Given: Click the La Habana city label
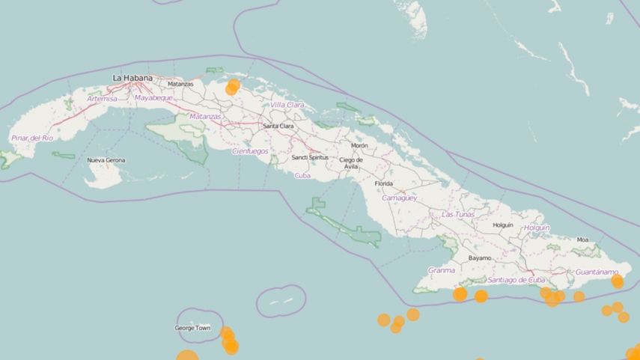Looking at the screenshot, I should [x=132, y=78].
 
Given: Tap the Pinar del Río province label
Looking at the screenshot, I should [x=32, y=138].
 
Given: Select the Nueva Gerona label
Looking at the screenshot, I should [x=106, y=160].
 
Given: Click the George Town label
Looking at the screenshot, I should [x=192, y=328].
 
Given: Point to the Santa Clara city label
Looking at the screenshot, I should [x=278, y=126].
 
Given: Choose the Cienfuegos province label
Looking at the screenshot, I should [x=250, y=150].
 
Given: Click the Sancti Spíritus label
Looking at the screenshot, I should [x=310, y=158].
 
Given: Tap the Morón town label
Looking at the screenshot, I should [x=359, y=145].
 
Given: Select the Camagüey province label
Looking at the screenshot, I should [x=399, y=198].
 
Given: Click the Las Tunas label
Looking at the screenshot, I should [x=458, y=214].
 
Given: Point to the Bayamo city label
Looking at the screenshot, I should [x=480, y=257].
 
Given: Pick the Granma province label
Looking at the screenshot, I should [x=441, y=270].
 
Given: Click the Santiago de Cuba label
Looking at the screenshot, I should [x=516, y=280].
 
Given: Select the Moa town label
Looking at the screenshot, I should [x=582, y=240].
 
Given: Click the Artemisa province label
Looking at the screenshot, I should [x=103, y=99].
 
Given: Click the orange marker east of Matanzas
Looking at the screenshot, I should [x=233, y=87].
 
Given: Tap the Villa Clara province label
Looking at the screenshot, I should [x=287, y=105].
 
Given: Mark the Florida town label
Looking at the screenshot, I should [x=383, y=183].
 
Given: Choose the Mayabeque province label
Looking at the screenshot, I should [x=153, y=98].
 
